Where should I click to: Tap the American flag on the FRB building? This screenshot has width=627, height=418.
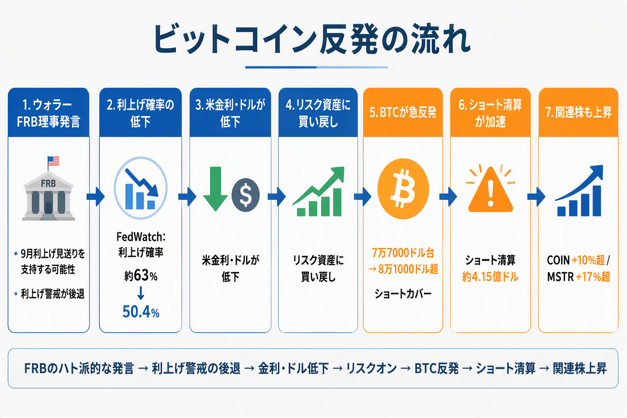(x=53, y=161)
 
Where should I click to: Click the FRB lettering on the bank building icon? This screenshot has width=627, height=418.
(x=49, y=183)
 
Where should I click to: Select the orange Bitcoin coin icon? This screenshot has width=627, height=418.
(x=403, y=189)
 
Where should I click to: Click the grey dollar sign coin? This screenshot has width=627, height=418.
(x=245, y=195)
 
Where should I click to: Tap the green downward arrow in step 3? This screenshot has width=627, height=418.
(x=215, y=189)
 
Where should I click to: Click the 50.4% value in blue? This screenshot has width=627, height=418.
(x=141, y=312)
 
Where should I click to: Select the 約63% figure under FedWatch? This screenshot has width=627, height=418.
(x=141, y=276)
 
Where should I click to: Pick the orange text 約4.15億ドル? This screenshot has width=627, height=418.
(x=490, y=277)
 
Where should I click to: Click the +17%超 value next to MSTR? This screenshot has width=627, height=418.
(x=593, y=277)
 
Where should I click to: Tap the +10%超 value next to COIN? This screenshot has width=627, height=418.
(x=588, y=260)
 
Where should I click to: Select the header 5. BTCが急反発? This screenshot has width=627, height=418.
(x=403, y=112)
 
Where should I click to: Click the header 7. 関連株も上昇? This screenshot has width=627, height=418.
(x=578, y=112)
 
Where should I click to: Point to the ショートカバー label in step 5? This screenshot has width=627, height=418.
(x=403, y=293)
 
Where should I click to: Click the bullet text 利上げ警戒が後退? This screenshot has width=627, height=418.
(x=53, y=293)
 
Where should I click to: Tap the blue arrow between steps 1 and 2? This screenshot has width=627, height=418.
(x=96, y=196)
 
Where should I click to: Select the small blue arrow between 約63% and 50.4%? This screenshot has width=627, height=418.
(x=141, y=293)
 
